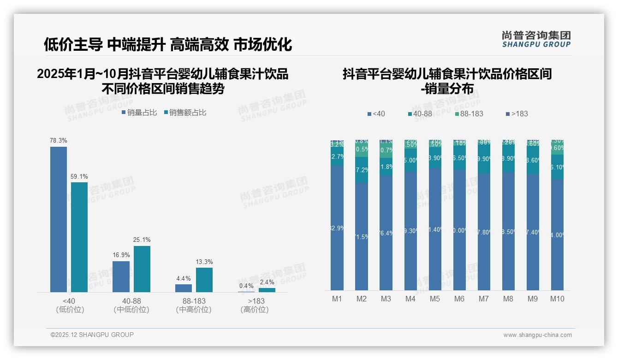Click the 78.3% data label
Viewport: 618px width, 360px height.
[x=59, y=140]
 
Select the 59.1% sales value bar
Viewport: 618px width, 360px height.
[x=79, y=237]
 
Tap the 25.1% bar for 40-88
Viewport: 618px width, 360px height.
[x=142, y=269]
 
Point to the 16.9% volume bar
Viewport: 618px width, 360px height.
[x=121, y=276]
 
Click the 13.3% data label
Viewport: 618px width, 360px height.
[x=204, y=262]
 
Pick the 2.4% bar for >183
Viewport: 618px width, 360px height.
[x=267, y=290]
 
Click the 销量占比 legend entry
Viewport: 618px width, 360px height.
[x=139, y=113]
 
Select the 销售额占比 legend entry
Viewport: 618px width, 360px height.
[x=185, y=113]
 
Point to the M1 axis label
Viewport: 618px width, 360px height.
[x=337, y=299]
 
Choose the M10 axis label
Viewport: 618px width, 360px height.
[x=557, y=299]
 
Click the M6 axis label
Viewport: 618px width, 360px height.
[x=459, y=299]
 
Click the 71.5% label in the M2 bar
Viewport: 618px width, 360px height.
[x=362, y=237]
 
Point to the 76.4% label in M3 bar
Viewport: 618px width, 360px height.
[x=386, y=233]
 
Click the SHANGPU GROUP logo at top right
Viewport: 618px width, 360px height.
[x=536, y=39]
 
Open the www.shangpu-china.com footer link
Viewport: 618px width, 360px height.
[x=537, y=335]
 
